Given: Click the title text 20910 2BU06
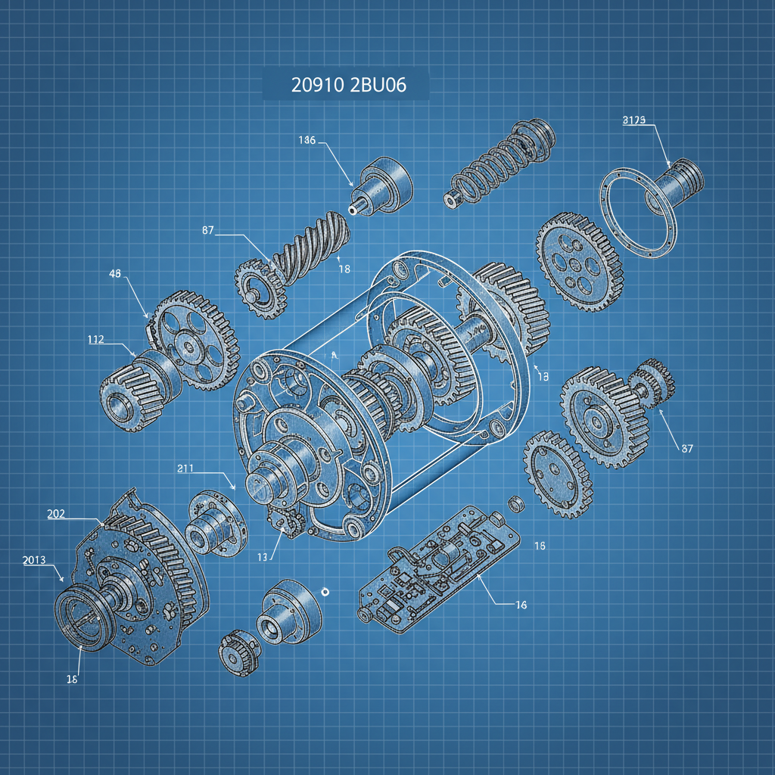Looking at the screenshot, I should [x=348, y=86].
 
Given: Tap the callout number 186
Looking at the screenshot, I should [x=307, y=140].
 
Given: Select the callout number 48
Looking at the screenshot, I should [x=116, y=274].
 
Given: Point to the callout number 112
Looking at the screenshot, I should [x=95, y=339].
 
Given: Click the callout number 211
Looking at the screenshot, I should [x=185, y=468].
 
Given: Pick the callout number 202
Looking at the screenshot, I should [x=55, y=514].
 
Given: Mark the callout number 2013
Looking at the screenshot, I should [x=33, y=560].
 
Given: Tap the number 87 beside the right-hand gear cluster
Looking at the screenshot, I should [x=686, y=448].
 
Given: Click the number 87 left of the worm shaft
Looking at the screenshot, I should [x=209, y=230].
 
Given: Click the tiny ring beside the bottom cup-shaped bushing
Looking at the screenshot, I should [x=325, y=591].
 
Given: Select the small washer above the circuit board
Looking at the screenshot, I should [x=515, y=502].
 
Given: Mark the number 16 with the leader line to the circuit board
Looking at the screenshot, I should [x=521, y=605].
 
